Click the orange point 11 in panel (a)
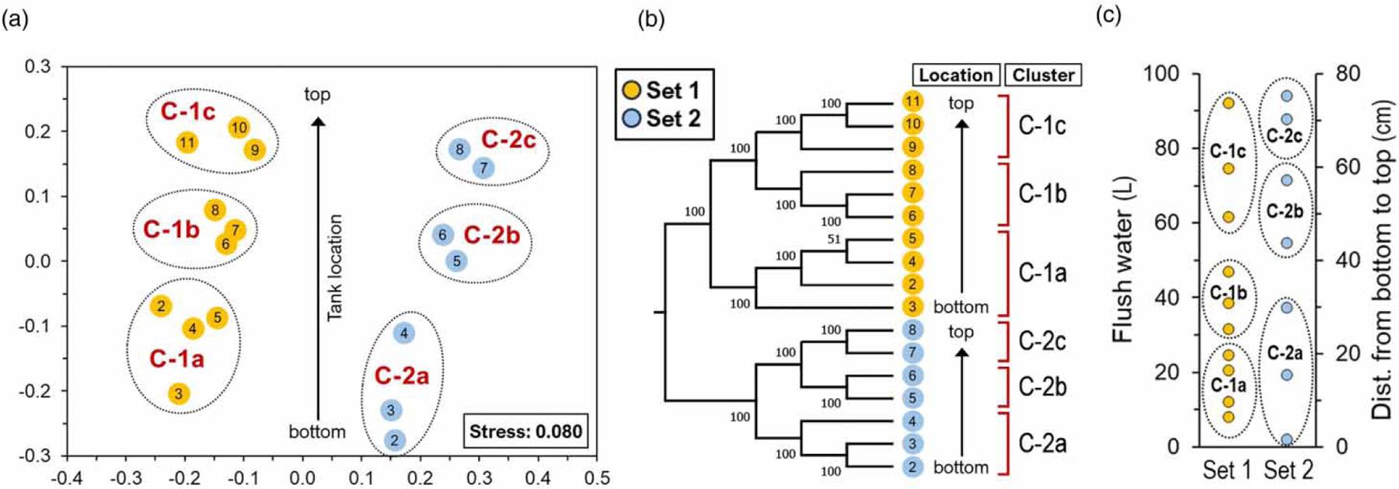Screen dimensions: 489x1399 pos(187,142)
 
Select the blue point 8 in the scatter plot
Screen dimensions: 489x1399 pos(459,149)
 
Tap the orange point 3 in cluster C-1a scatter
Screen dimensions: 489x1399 pos(178,393)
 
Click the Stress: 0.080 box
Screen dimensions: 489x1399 pos(525,431)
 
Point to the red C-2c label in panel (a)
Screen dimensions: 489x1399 pos(508,140)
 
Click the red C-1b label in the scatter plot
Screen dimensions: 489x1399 pos(171,229)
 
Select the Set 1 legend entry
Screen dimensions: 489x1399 pos(663,90)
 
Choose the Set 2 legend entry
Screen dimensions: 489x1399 pos(663,119)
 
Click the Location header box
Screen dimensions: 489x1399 pos(956,75)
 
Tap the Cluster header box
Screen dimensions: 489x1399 pos(1043,75)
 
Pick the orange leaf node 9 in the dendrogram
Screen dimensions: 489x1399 pos(912,147)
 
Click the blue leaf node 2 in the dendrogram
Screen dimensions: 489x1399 pos(912,467)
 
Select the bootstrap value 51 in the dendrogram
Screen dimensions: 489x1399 pos(834,239)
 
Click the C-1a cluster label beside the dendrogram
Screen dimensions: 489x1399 pos(1042,273)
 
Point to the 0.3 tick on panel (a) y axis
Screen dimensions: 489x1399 pos(38,66)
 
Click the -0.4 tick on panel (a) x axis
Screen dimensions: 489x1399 pos(66,477)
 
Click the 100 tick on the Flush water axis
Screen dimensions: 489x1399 pos(1161,74)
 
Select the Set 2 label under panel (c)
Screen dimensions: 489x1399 pos(1288,470)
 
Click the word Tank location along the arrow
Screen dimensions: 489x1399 pos(334,267)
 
